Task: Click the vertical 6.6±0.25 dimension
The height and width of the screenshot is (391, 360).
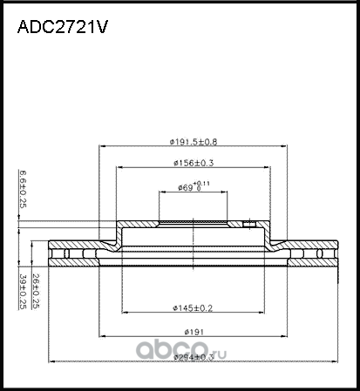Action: [x=22, y=190]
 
